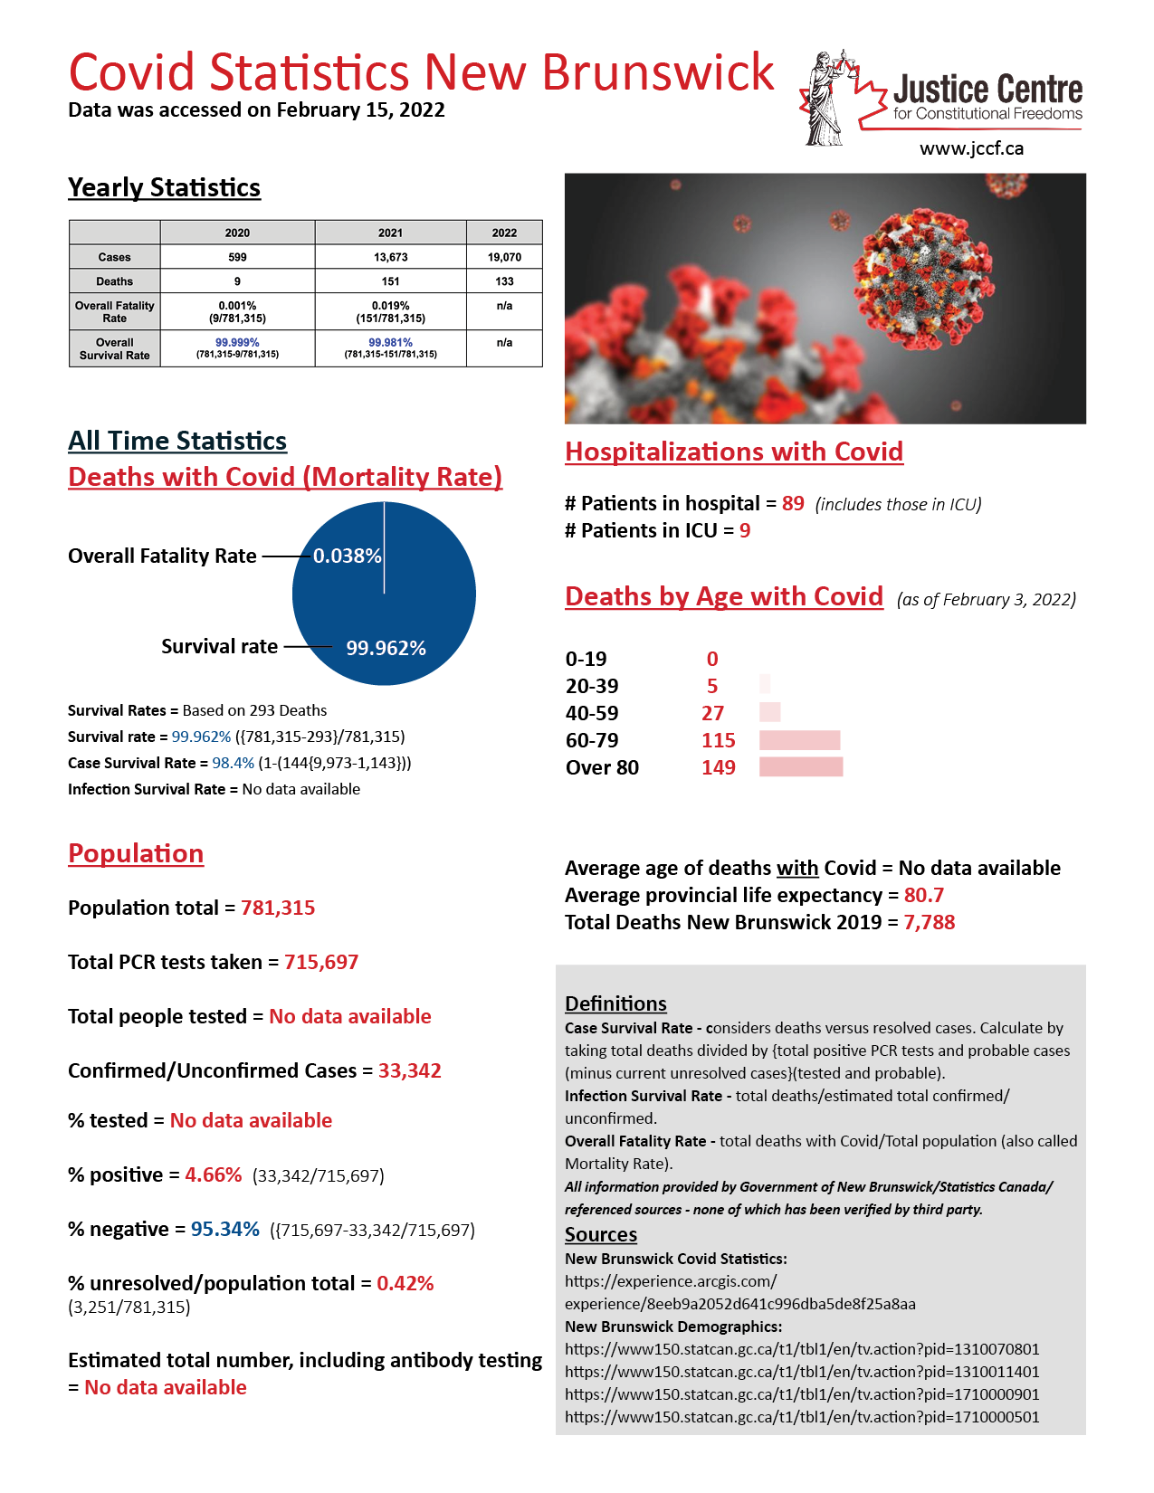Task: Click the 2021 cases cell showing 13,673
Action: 390,257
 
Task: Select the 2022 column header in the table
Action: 504,233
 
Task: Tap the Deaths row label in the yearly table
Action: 115,281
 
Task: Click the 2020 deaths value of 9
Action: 237,281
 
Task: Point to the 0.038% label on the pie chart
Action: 347,556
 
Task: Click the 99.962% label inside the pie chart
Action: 386,648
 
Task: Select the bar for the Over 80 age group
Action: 801,767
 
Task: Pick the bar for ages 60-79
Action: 799,740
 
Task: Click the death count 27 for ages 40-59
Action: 712,713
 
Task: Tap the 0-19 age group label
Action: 587,659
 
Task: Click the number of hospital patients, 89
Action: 793,503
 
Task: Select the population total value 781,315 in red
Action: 278,908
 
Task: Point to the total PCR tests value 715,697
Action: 321,962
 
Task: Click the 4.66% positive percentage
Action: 214,1174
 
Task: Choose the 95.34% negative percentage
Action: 225,1229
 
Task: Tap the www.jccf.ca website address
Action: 971,148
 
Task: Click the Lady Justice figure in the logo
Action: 825,100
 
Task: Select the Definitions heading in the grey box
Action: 615,1003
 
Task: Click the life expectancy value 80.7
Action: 924,895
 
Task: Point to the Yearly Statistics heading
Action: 164,187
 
